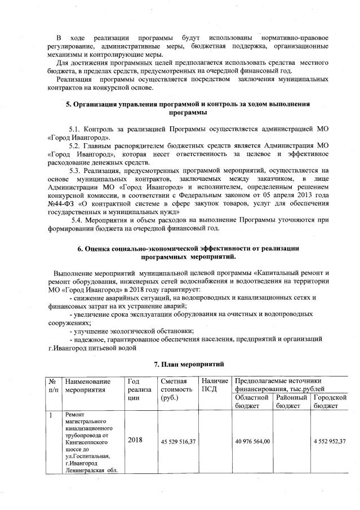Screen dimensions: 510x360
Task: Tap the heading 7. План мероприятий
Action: coord(189,365)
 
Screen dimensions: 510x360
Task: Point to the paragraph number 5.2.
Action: coord(76,145)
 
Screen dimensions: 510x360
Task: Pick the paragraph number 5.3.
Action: coord(76,169)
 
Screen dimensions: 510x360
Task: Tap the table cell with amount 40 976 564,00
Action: coord(253,441)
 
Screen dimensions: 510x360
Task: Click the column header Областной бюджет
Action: coord(252,401)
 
